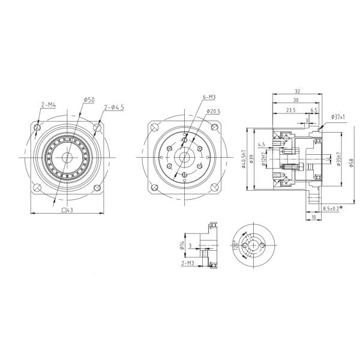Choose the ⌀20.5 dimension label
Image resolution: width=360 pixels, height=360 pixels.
point(214,111)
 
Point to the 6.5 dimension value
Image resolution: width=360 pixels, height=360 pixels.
point(314,110)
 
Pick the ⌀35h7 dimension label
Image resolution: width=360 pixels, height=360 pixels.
point(340,158)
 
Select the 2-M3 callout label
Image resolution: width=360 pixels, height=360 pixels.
point(187,263)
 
